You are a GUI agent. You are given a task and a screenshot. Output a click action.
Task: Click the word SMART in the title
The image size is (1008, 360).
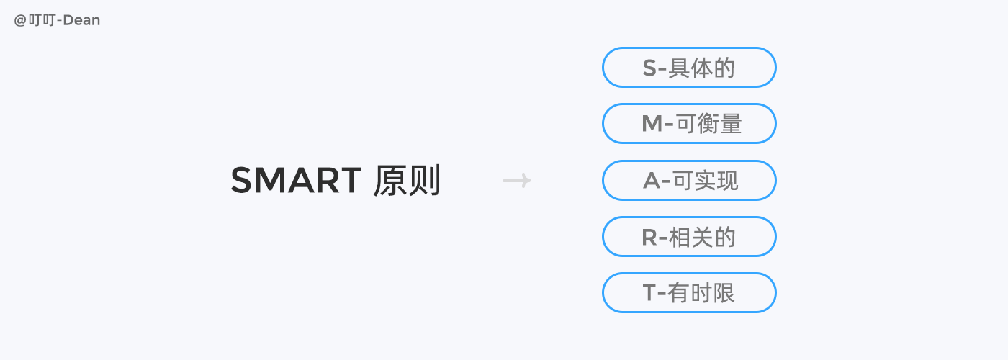click(x=296, y=181)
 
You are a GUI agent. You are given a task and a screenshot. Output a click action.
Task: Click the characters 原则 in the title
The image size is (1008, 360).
click(x=407, y=181)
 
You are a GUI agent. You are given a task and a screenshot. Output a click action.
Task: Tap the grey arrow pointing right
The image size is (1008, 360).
click(x=516, y=181)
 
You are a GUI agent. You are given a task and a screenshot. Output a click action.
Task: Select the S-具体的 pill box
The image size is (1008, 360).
click(x=689, y=68)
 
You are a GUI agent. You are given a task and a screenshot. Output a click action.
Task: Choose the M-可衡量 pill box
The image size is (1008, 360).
click(x=689, y=124)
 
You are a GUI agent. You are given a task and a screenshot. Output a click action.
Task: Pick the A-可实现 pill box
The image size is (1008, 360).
click(x=689, y=180)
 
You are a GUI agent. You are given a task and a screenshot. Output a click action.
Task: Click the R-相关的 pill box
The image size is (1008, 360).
click(x=689, y=236)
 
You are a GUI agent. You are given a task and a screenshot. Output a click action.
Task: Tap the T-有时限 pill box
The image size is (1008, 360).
click(x=689, y=292)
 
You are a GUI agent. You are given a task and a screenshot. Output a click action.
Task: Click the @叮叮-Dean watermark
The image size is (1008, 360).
click(x=57, y=20)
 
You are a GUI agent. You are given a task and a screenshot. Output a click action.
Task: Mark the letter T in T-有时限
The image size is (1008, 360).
click(x=649, y=293)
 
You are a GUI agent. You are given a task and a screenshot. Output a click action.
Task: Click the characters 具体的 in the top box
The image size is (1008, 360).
click(x=701, y=68)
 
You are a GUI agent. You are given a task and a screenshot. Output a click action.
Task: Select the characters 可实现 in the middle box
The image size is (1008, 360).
click(x=706, y=181)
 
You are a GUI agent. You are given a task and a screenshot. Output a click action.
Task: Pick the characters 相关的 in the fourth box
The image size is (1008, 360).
click(x=703, y=237)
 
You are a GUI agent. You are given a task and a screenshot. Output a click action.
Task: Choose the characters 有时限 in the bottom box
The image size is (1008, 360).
click(x=701, y=293)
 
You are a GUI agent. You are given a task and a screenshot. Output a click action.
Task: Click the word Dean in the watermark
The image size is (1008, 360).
click(x=82, y=20)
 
